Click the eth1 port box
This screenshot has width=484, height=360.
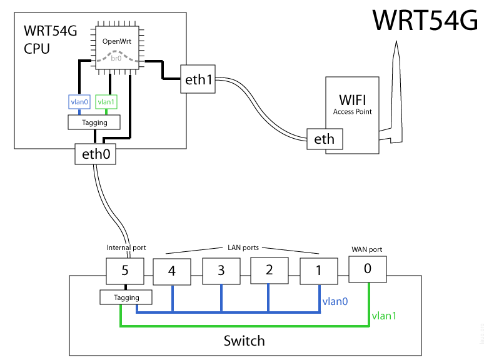point(198,79)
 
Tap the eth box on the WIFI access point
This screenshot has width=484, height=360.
point(325,139)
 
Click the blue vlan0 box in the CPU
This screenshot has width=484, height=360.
point(80,102)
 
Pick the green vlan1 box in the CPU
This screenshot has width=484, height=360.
point(107,102)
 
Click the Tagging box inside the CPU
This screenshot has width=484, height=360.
point(95,122)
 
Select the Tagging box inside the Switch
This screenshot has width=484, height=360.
point(127,297)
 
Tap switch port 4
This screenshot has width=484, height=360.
point(172,272)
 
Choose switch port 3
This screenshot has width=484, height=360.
point(221,271)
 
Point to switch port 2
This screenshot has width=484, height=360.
point(269,270)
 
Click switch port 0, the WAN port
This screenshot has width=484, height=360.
point(367,269)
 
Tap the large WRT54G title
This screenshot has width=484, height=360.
point(425,21)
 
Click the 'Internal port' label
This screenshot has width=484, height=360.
point(126,248)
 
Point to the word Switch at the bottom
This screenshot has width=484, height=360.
point(245,341)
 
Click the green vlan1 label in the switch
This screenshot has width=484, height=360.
point(383,316)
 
